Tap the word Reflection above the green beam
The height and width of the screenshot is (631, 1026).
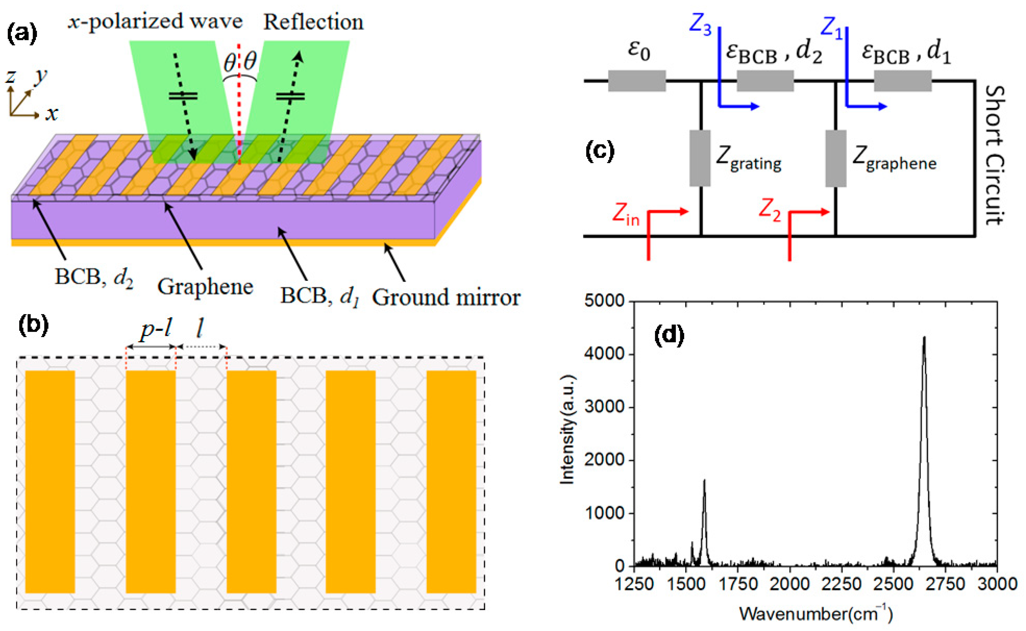[x=313, y=22]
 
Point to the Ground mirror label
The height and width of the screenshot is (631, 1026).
[x=446, y=297]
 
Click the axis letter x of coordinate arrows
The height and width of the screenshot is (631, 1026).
[x=52, y=114]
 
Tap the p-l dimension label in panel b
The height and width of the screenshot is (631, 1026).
[x=155, y=330]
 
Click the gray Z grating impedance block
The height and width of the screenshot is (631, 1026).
[x=700, y=158]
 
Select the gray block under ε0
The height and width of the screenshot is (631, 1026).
[x=637, y=81]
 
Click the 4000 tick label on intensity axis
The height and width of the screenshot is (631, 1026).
[x=604, y=354]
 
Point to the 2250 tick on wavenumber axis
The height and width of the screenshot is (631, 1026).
[x=841, y=584]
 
